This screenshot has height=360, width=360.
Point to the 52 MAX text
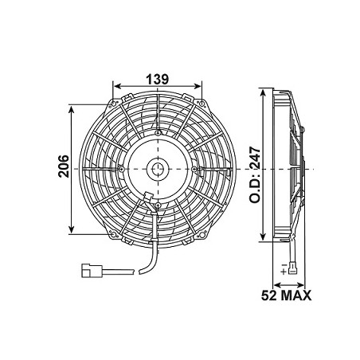coord(285,295)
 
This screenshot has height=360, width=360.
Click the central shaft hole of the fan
coord(158,169)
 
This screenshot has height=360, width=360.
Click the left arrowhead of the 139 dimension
coord(118,87)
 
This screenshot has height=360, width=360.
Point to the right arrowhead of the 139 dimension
coord(198,87)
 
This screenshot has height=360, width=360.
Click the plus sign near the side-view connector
coord(284,271)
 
